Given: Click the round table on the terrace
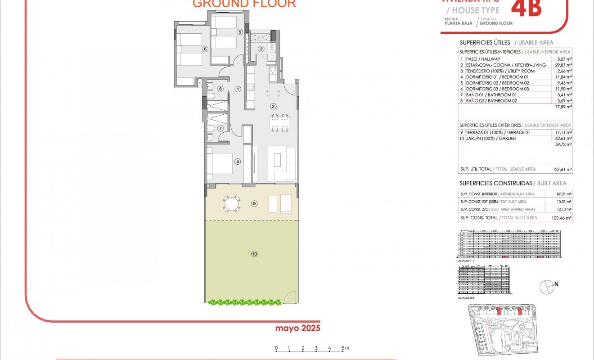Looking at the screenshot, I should [232, 204].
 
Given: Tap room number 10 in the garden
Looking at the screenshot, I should [254, 254].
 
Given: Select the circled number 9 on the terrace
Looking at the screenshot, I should [254, 204].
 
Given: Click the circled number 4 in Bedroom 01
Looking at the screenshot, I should [238, 162].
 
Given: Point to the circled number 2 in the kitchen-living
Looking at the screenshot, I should [273, 106].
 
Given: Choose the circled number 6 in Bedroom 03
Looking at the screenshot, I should [205, 49].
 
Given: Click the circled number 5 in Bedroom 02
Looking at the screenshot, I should [240, 32].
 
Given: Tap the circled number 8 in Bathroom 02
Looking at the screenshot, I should [220, 89].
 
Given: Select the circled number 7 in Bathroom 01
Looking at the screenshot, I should [220, 129].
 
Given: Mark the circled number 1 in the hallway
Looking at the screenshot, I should [238, 89].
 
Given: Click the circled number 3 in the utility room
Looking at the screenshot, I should [261, 49].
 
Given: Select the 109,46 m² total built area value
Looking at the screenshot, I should [562, 218].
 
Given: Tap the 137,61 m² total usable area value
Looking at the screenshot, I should [562, 169].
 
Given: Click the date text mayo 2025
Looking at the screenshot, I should [298, 328].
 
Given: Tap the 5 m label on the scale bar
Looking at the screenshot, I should [345, 348].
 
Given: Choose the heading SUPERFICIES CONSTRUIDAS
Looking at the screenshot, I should [495, 183].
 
